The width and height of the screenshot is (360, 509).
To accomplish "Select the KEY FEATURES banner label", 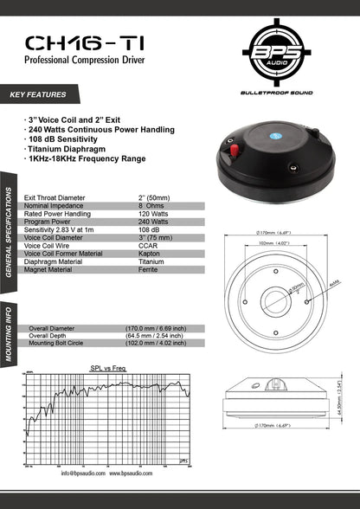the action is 38,93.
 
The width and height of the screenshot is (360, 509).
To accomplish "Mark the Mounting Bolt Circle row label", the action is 61,344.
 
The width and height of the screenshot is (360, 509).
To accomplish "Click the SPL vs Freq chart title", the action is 108,368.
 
